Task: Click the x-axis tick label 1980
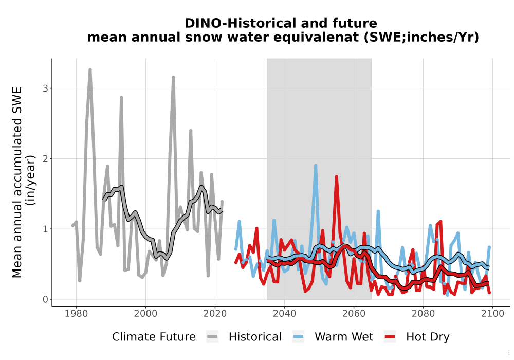77,314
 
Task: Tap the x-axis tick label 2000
145,314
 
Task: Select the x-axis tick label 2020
215,314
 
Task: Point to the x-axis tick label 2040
285,314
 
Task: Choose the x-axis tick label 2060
354,314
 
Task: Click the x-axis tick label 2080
423,314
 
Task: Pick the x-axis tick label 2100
493,314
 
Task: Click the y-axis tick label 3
45,88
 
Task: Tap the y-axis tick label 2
45,159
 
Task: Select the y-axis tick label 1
45,229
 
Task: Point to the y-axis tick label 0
45,299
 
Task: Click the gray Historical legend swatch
212,337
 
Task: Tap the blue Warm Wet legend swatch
298,337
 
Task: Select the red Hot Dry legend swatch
390,337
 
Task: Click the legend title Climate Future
154,337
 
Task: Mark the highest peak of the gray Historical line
90,70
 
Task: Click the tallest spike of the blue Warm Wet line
316,166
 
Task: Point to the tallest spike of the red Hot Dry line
336,177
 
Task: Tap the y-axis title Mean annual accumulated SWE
17,182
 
